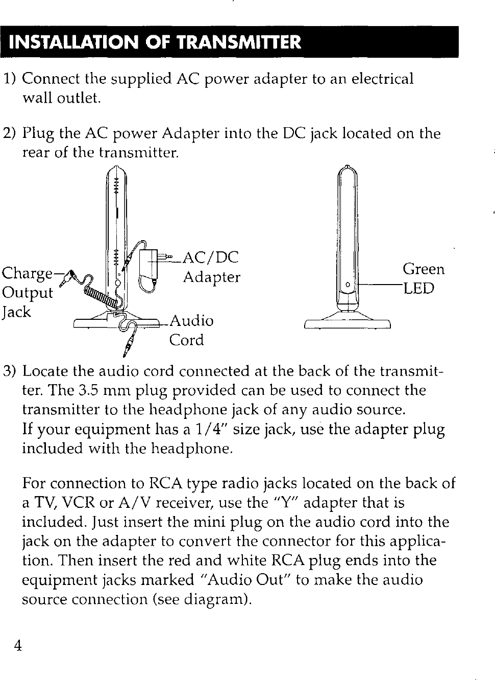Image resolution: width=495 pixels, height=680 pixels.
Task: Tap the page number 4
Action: [17, 646]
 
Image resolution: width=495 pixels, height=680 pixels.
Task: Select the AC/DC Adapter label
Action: [211, 267]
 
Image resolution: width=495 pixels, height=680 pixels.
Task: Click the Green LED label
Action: [423, 278]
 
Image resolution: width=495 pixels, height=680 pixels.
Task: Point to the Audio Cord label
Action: [191, 330]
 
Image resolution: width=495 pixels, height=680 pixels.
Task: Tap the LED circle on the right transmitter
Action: [348, 284]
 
